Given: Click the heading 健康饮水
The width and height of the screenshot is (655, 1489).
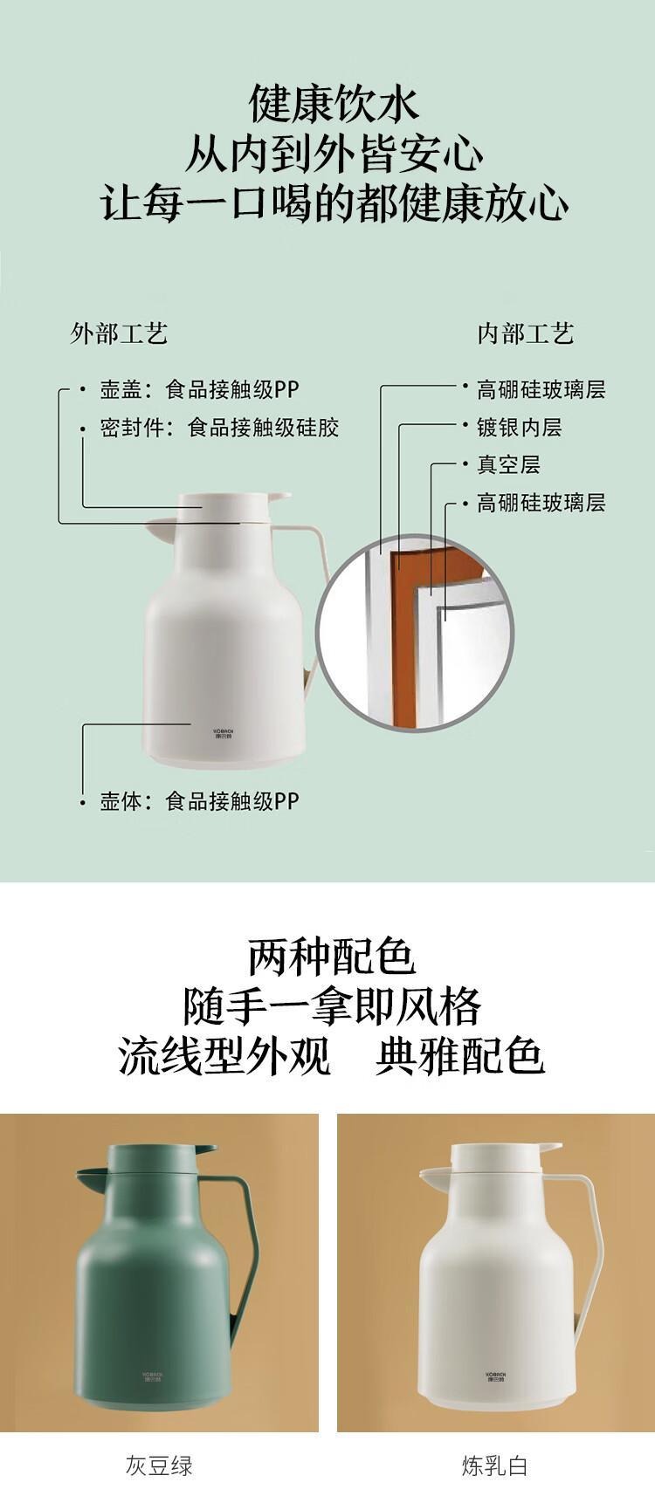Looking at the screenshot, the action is (x=334, y=103).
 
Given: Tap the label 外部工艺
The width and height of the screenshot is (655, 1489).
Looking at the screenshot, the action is (x=119, y=333).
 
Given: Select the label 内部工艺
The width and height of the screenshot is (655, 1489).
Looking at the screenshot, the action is (x=526, y=333).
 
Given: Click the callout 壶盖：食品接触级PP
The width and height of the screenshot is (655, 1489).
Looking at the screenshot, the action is (x=199, y=389).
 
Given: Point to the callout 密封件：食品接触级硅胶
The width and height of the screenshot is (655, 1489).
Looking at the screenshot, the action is (x=219, y=428).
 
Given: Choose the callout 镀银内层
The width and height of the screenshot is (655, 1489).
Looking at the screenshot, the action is (x=520, y=428).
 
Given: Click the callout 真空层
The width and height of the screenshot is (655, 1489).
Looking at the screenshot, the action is (x=508, y=464).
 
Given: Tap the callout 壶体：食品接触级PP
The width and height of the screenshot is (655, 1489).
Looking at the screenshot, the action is (x=199, y=801).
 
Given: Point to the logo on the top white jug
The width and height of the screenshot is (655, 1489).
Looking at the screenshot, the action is (x=224, y=734).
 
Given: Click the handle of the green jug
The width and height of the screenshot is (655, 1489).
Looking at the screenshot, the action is (x=247, y=1250).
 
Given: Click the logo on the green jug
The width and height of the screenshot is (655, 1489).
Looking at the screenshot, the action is (x=152, y=1376).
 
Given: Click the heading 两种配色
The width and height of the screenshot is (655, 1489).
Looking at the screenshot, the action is (x=332, y=957).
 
